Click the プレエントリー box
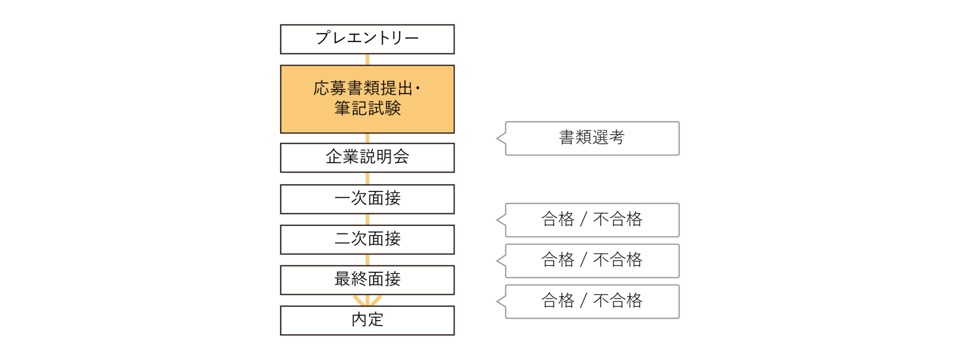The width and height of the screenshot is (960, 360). tap(367, 39)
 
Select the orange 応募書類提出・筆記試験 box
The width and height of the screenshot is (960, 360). tap(367, 99)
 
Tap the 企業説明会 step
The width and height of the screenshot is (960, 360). tap(367, 157)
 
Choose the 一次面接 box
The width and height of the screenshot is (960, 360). tap(367, 199)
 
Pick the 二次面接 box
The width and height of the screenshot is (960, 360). tap(367, 239)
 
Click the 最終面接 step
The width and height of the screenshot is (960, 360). tap(367, 280)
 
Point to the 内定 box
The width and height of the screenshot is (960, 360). tap(367, 320)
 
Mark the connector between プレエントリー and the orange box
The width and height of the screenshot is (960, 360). tap(367, 59)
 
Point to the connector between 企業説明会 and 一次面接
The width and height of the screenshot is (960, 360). tap(367, 178)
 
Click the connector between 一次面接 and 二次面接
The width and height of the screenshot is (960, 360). tap(367, 219)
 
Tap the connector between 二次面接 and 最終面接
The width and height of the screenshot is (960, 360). tap(367, 260)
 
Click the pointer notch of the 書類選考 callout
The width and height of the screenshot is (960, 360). tap(501, 138)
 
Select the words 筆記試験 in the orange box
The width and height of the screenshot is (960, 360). tap(367, 108)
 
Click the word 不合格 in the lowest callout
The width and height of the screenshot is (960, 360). tap(617, 300)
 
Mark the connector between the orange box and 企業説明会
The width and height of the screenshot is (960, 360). tap(367, 138)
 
